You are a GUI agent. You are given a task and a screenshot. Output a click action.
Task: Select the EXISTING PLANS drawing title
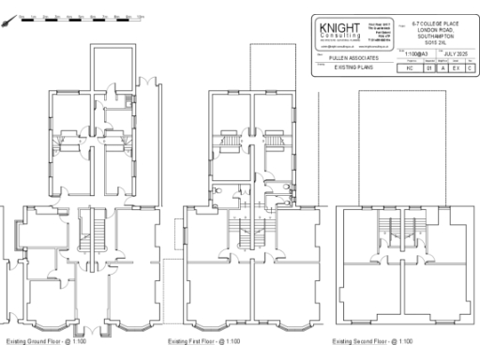click(x=352, y=68)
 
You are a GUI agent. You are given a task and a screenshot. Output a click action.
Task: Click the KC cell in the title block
click(x=410, y=68)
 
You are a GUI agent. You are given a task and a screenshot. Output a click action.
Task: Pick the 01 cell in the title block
click(x=428, y=68)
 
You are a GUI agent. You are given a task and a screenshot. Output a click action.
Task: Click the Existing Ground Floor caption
click(x=46, y=341)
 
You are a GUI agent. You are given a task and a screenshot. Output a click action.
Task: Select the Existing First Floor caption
click(x=203, y=341)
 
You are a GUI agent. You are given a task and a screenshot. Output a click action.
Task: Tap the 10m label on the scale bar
click(x=140, y=16)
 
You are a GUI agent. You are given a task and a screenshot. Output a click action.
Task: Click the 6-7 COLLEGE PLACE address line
click(x=439, y=24)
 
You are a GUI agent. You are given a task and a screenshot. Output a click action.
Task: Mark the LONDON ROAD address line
click(x=439, y=31)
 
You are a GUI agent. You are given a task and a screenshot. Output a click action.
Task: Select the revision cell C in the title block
click(x=469, y=68)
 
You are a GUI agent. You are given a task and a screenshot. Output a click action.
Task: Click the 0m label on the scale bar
click(x=20, y=16)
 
